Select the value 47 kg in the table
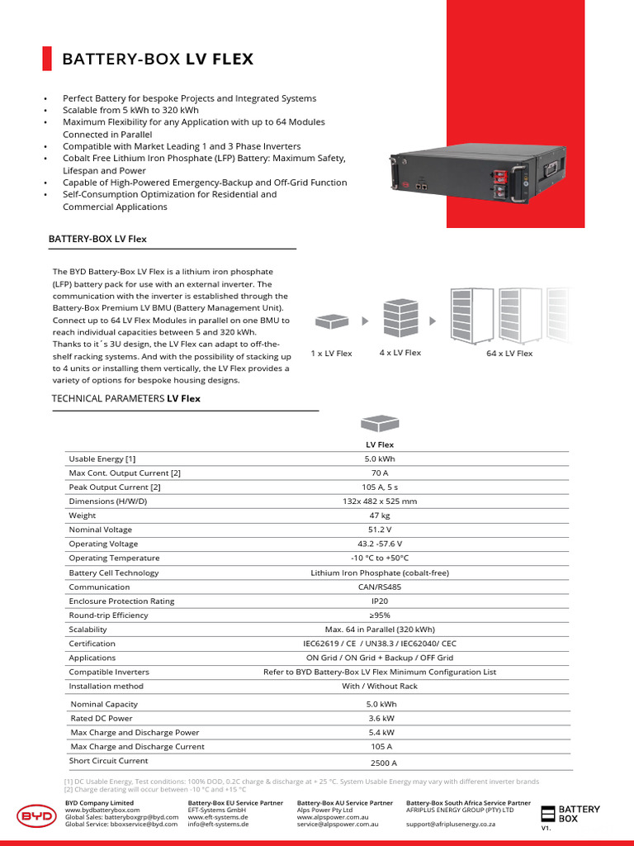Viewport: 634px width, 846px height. click(x=380, y=516)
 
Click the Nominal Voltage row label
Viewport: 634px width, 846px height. click(x=100, y=530)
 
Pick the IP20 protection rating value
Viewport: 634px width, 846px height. click(x=380, y=601)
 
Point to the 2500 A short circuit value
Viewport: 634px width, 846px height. click(x=382, y=763)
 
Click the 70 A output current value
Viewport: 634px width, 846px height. click(x=380, y=473)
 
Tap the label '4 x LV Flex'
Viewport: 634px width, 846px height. click(x=400, y=353)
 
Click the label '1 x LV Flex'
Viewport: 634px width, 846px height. click(x=331, y=354)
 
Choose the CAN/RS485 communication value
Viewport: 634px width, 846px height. click(x=380, y=587)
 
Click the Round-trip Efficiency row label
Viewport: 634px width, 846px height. click(x=108, y=615)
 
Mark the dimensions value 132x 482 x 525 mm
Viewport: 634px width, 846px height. click(x=380, y=501)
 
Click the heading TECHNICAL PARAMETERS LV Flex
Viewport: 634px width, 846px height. click(x=125, y=398)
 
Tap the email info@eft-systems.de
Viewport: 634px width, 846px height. click(x=217, y=824)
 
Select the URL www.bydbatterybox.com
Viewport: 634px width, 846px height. click(x=102, y=810)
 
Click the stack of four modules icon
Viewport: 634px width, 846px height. click(x=401, y=316)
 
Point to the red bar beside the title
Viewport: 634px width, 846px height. click(x=47, y=59)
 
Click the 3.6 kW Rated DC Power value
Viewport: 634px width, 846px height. click(x=381, y=718)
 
